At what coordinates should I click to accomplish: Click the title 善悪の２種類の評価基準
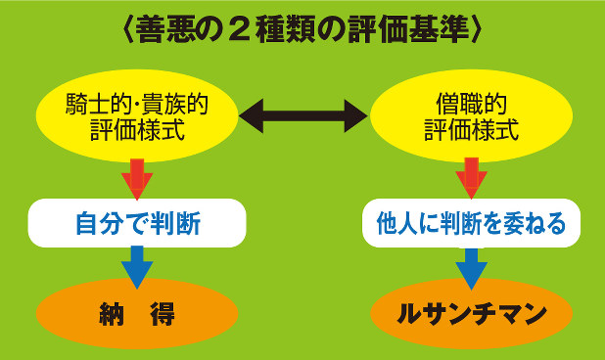(302, 30)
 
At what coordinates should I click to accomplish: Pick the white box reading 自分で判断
(136, 224)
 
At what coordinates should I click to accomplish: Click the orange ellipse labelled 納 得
(136, 314)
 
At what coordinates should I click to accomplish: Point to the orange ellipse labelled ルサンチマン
(472, 314)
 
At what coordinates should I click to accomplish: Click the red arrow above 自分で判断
(136, 178)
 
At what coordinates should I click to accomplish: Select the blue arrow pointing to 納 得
(136, 266)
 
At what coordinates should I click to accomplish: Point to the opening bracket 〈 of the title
(130, 30)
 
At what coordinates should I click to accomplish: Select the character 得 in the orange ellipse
(163, 314)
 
